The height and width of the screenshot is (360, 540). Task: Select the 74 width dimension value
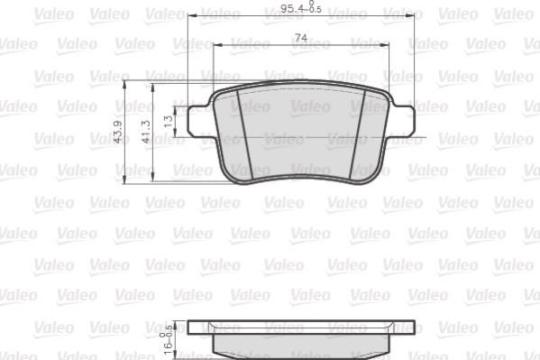point(301,37)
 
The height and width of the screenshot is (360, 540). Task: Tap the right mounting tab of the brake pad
point(402,119)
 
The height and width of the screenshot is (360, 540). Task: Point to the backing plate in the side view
point(300,328)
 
